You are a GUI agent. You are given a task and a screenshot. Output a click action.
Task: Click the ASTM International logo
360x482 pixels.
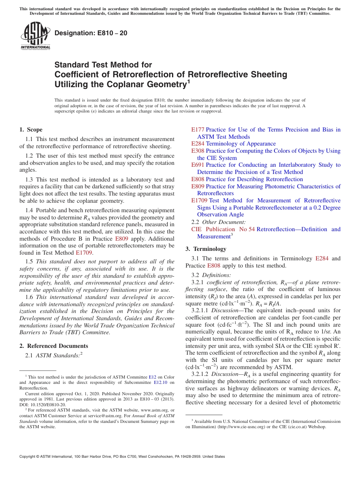tap(35, 36)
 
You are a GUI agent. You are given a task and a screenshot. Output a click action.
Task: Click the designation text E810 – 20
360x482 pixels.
tap(91, 33)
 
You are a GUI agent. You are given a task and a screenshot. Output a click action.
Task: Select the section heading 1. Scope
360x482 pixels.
tap(31, 130)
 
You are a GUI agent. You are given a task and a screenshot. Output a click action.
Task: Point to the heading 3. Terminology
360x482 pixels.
tap(206, 249)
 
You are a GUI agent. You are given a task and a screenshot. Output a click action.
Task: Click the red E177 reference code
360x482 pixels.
tap(198, 130)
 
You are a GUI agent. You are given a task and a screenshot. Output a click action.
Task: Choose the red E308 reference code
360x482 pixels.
tap(198, 151)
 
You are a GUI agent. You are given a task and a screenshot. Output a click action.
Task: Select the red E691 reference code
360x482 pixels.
tap(198, 165)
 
